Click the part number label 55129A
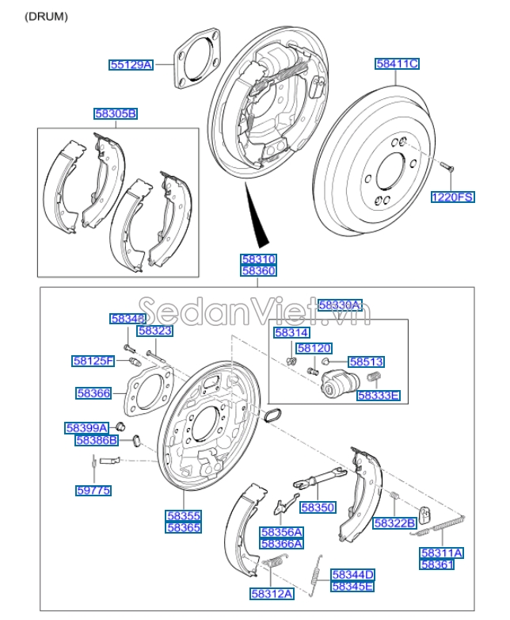131,64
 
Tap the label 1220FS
452,197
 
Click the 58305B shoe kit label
116,114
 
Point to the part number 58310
259,259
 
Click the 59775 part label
93,491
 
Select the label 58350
318,507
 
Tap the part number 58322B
395,522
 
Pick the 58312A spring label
272,592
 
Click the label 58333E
379,395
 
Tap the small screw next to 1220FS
444,166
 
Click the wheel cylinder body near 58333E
336,386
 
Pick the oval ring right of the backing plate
270,415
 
